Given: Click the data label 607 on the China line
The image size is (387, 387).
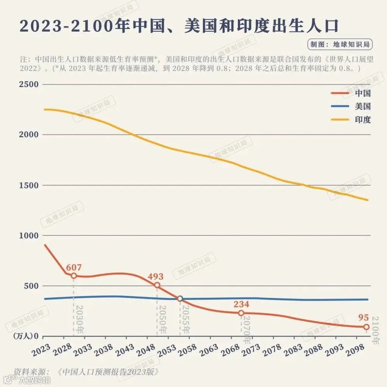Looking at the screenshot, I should (x=74, y=267).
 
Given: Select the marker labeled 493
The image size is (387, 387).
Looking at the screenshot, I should (x=157, y=285).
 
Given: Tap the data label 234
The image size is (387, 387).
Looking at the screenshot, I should (x=241, y=304).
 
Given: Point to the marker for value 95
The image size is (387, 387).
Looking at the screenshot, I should (x=366, y=327).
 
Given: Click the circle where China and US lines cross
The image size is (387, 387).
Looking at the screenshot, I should (x=180, y=298).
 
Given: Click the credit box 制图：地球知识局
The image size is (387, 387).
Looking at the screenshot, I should (x=340, y=44).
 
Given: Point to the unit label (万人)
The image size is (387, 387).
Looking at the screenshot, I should (x=24, y=336).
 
